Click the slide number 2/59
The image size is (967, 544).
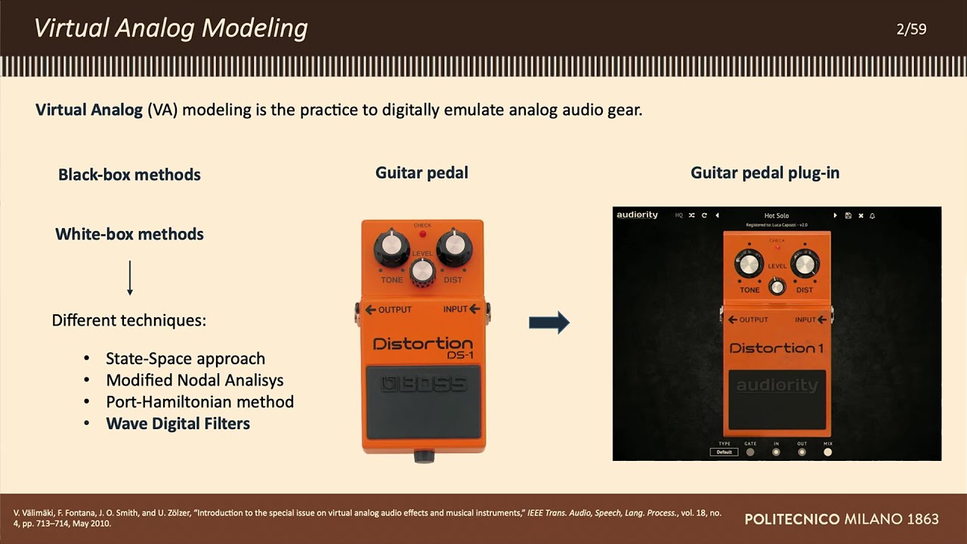tap(911, 29)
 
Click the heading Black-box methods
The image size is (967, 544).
tap(129, 175)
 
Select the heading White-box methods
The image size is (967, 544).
tap(129, 234)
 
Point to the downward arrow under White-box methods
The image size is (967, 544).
tap(130, 277)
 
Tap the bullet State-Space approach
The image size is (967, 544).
tap(185, 359)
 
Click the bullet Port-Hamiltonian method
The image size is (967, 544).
tap(199, 402)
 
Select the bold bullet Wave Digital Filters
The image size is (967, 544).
tap(178, 424)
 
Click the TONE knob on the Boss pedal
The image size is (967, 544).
tap(391, 245)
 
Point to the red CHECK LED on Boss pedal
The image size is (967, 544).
tap(422, 233)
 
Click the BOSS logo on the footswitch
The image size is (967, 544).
tap(423, 384)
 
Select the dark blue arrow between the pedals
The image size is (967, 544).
tap(549, 323)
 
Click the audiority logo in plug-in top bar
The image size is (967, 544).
tap(637, 215)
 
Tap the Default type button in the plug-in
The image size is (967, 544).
tap(724, 452)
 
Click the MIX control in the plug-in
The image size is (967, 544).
tap(827, 452)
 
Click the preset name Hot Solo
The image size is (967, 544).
tap(776, 215)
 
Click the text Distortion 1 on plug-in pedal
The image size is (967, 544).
tap(776, 348)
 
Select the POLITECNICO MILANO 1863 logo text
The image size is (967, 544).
tap(841, 519)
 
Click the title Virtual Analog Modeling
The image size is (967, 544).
tap(171, 29)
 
